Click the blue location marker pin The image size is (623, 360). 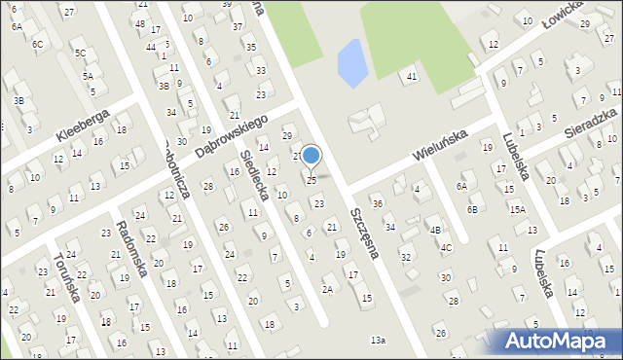tap(311, 157)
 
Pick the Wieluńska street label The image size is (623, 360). tap(441, 143)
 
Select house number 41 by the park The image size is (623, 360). tap(412, 76)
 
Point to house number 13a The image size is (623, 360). tap(378, 340)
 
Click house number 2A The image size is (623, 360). tap(328, 289)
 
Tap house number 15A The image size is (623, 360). tap(516, 209)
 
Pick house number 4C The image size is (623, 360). tap(446, 247)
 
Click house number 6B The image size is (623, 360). tap(472, 209)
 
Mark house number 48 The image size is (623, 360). tap(141, 23)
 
